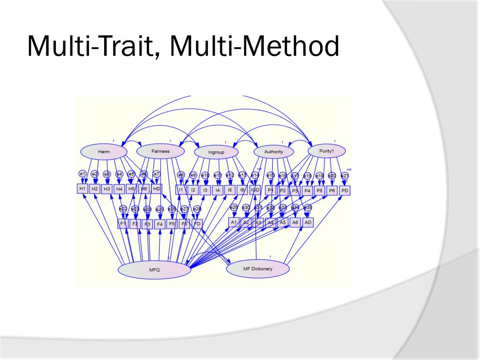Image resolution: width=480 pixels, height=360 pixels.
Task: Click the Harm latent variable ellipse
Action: [104, 152]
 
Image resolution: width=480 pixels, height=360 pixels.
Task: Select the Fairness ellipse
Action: [160, 151]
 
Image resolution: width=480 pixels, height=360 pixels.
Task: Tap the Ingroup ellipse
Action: [217, 152]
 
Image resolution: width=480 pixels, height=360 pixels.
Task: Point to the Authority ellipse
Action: [274, 152]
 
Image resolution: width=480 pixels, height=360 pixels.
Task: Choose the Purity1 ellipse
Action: [327, 151]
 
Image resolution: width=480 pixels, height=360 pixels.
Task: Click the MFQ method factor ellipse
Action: [155, 270]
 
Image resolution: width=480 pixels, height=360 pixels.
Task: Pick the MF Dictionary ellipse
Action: [257, 269]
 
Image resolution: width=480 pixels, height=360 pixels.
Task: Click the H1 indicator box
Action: [83, 188]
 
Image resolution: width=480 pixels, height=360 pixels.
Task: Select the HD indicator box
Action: [157, 188]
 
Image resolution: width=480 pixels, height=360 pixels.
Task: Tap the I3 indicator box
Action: [205, 190]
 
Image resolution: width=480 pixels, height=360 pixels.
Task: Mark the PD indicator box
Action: [344, 191]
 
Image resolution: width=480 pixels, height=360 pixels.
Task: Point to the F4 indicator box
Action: [160, 224]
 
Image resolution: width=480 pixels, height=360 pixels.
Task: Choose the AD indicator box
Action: [308, 222]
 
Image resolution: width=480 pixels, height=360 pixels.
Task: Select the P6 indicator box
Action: [332, 191]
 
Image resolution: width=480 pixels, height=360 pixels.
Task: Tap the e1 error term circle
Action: [83, 174]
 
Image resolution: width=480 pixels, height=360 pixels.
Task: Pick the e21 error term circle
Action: [344, 176]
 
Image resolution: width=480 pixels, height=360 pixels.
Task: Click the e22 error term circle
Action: [123, 209]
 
